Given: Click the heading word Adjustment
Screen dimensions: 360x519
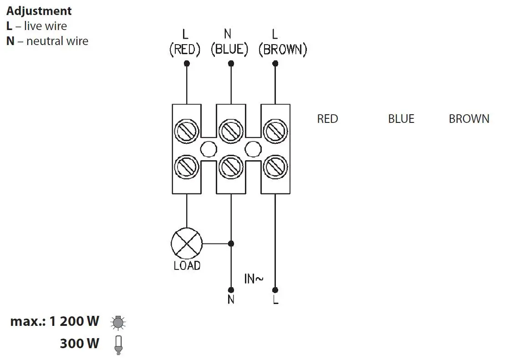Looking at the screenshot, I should point(39,11).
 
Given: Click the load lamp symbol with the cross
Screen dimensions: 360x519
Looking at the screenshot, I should point(187,243).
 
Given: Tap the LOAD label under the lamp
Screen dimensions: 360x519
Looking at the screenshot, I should point(187,265).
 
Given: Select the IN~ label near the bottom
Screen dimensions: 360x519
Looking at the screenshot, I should point(254,279).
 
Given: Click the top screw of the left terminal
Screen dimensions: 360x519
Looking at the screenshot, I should point(187,131).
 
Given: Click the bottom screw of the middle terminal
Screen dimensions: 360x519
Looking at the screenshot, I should point(231,167).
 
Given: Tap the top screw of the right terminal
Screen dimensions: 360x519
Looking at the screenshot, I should point(275,131).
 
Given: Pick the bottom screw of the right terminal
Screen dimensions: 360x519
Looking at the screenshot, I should point(275,167).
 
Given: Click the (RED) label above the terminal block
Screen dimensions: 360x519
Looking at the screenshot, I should point(185,50).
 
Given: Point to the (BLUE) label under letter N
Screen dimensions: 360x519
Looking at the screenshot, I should point(229,50).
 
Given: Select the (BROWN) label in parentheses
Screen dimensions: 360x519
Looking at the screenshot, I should point(283,50).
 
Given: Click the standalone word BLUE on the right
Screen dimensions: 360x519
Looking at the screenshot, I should point(401,119).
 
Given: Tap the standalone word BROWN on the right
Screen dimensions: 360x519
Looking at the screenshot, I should point(469,119).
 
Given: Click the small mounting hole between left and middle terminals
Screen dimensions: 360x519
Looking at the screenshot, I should point(209,148).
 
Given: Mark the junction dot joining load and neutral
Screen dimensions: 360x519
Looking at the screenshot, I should point(231,243).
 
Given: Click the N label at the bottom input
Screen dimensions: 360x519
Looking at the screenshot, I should point(231,300).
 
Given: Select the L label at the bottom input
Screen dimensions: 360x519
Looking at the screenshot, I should point(275,300).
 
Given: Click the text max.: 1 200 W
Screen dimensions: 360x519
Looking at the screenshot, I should point(55,321).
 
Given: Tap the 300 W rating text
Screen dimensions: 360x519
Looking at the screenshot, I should point(79,343).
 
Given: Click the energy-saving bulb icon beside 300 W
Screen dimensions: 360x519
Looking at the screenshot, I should point(118,345).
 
